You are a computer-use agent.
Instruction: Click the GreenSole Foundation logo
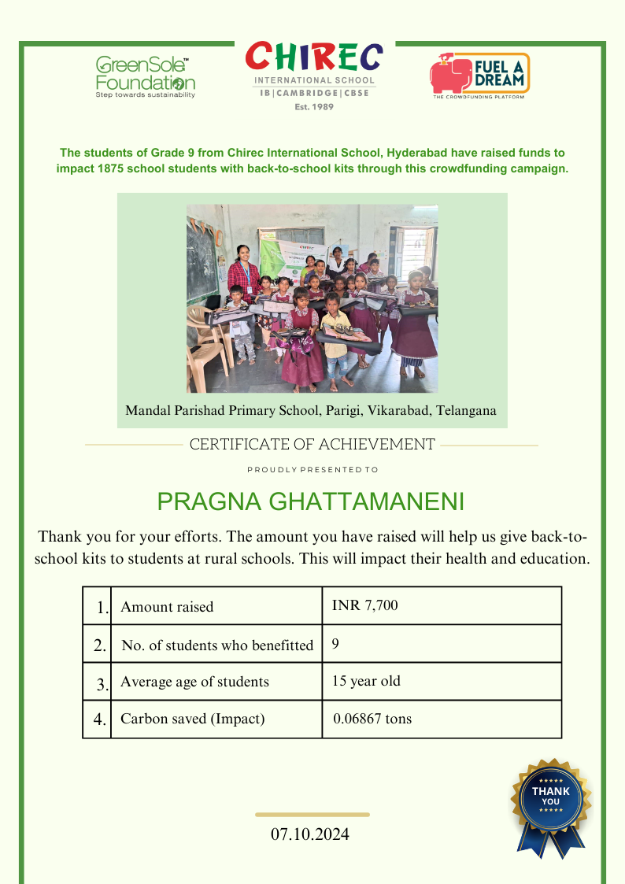[146, 76]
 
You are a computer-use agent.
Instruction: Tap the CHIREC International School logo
[314, 76]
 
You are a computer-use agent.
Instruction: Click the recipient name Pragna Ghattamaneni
[312, 501]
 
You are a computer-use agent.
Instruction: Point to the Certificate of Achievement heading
[312, 445]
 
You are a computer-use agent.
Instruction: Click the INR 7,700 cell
[364, 605]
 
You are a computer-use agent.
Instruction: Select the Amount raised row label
[167, 607]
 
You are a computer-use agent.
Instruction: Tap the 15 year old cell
[366, 681]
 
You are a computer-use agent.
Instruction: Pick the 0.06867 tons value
[372, 719]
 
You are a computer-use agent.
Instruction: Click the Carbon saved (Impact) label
[192, 719]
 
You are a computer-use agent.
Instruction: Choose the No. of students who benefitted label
[217, 645]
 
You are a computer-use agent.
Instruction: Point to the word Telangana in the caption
[466, 411]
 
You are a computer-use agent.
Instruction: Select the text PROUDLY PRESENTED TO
[312, 470]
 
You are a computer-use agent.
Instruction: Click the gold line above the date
[312, 815]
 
